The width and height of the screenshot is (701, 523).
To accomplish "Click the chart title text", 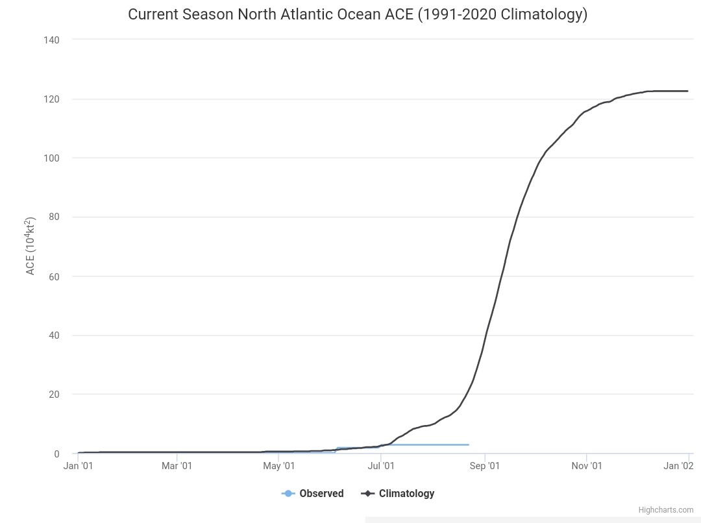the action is coord(358,14).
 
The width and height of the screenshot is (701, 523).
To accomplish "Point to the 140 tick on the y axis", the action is coord(51,40).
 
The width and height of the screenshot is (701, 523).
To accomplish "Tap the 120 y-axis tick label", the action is coord(51,99).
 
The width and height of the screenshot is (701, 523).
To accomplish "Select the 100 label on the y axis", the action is coord(51,158).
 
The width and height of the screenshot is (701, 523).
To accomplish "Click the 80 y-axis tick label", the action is coord(54,217).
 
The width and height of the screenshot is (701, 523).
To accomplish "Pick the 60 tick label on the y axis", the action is coord(54,276).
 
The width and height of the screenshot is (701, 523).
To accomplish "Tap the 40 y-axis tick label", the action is coord(54,335).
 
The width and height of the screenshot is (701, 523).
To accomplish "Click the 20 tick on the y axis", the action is coord(54,395).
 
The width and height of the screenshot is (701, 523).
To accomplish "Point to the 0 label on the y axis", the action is coord(56,454).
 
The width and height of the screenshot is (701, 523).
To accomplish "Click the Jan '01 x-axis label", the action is coord(79,466).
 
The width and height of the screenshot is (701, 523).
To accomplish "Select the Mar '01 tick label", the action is coord(177,466).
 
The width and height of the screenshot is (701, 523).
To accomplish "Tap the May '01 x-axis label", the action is coord(279,466).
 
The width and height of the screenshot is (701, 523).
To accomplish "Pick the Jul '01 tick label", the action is coord(381,466).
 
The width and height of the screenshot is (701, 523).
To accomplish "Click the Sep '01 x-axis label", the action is coord(485,466).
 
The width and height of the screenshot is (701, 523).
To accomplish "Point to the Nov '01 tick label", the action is coord(587,466).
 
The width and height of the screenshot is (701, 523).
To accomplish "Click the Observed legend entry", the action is coord(312,494).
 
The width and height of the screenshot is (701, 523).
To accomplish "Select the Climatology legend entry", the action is coord(397,494).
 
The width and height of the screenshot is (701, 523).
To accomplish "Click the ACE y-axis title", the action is coord(30,247).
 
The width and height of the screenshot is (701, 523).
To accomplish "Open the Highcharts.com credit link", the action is coord(666,510).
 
